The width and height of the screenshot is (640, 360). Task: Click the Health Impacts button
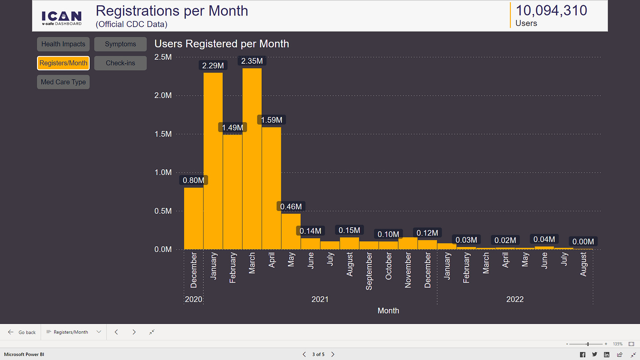[63, 44]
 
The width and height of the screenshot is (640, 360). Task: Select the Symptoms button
[120, 44]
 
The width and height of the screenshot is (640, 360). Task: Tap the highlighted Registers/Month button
[63, 63]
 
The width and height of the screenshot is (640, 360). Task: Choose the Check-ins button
[120, 63]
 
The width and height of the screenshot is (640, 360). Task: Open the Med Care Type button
[63, 82]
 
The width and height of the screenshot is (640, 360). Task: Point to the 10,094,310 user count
[551, 11]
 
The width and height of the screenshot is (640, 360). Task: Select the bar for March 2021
[252, 158]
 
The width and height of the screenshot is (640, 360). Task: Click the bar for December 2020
[193, 218]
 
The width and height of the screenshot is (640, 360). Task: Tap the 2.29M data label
[213, 65]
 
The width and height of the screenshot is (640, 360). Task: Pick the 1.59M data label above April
[271, 120]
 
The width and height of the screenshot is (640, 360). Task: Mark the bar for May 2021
[291, 231]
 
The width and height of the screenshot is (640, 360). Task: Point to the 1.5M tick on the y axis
[163, 134]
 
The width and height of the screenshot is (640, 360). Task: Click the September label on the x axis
[369, 271]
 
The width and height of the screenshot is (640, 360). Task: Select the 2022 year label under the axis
[515, 299]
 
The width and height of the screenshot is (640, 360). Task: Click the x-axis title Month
[388, 311]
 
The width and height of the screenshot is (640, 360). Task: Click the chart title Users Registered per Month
[222, 44]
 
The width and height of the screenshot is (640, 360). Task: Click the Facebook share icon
[582, 354]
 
